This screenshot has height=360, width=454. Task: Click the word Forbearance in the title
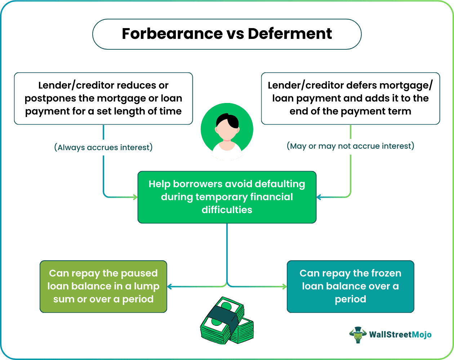tap(172, 34)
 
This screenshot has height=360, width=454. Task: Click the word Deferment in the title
tap(290, 34)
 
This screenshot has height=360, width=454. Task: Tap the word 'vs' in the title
tap(235, 34)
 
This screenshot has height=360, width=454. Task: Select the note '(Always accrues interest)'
tap(103, 147)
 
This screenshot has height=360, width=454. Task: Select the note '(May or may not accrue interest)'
tap(350, 146)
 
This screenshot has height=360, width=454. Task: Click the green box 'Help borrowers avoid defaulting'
tap(227, 197)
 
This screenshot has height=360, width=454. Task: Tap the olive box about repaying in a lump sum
tap(103, 286)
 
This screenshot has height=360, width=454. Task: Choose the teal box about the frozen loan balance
tap(350, 286)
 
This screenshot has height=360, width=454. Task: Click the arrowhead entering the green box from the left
tap(135, 197)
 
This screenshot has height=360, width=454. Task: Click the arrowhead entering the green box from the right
tap(319, 197)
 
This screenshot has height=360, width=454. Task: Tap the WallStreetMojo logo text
tap(400, 334)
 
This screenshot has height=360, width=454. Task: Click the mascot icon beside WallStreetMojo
tap(357, 334)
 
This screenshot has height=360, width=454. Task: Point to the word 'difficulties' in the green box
tap(227, 210)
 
